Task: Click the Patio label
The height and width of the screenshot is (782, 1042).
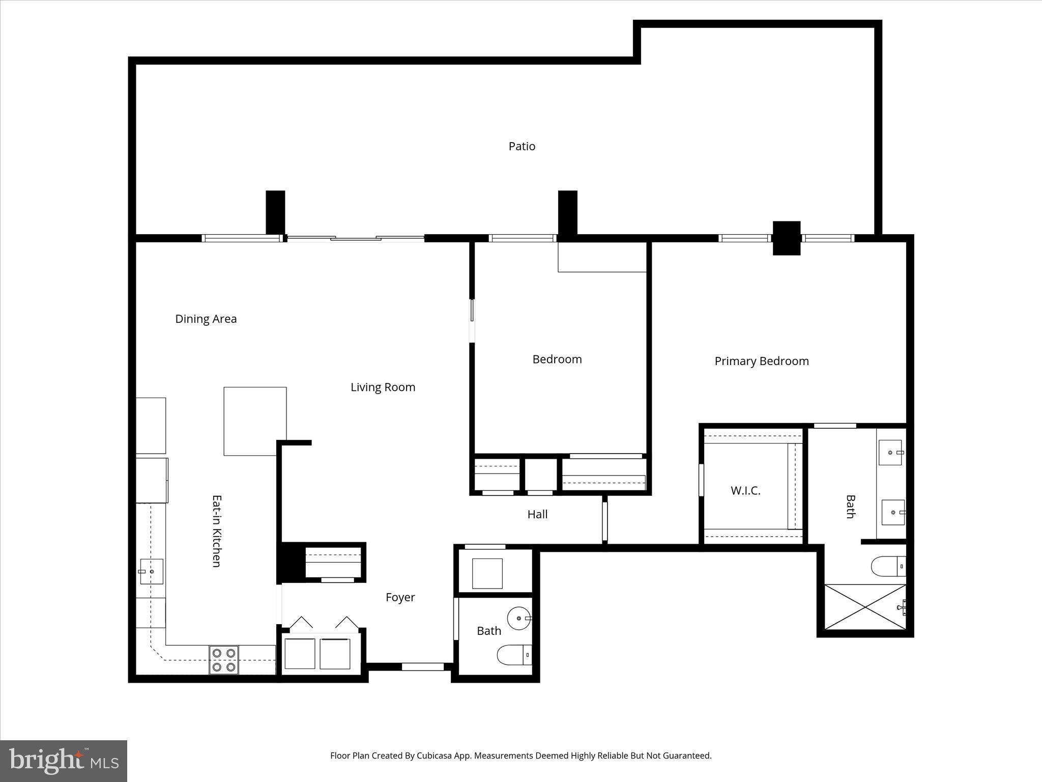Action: click(522, 147)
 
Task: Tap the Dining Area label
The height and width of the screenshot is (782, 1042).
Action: click(206, 319)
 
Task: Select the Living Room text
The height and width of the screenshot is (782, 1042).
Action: click(383, 387)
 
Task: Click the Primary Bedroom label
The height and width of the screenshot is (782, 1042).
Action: click(761, 361)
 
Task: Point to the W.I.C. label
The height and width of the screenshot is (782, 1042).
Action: click(745, 491)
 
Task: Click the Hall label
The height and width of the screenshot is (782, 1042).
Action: click(537, 515)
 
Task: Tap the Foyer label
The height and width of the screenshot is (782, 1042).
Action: click(400, 598)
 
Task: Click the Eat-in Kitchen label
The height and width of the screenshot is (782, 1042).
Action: click(216, 531)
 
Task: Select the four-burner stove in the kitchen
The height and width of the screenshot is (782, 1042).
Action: click(224, 660)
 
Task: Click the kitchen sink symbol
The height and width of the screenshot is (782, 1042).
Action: click(151, 571)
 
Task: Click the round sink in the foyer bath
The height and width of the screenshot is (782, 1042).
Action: click(519, 619)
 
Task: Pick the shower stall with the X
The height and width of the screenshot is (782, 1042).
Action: click(864, 606)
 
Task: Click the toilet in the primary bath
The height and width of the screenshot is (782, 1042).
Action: click(888, 566)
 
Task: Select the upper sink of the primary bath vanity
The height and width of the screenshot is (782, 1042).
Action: click(890, 453)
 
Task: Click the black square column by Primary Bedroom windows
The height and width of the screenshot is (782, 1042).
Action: click(786, 238)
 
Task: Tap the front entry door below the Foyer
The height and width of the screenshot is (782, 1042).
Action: click(422, 666)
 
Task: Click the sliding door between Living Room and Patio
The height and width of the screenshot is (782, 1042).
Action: click(356, 238)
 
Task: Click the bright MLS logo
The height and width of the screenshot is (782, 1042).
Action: click(64, 761)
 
